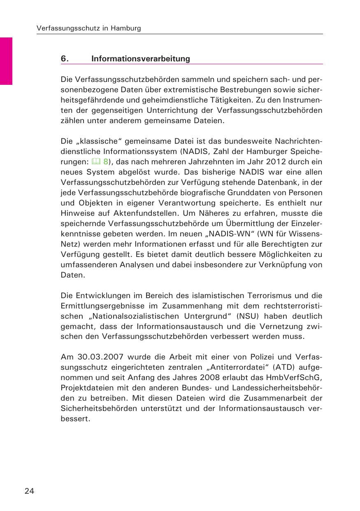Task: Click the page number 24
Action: point(29,491)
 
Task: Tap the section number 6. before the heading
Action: point(64,59)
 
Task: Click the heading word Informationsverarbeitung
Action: point(141,59)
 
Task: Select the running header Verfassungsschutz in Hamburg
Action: point(88,28)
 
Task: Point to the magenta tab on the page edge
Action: point(6,61)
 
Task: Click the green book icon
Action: point(95,161)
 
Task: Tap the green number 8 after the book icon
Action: point(105,161)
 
